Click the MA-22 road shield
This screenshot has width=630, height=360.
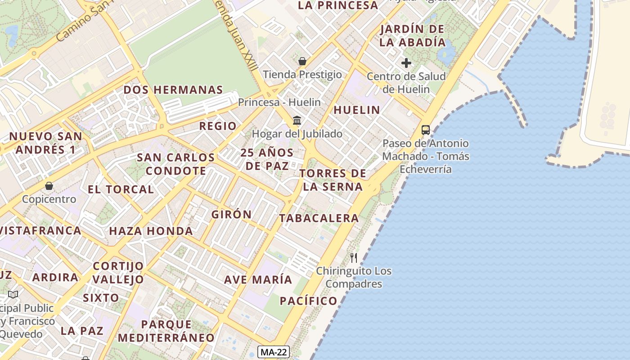pyautogui.click(x=274, y=352)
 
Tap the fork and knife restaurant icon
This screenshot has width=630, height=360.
pyautogui.click(x=354, y=258)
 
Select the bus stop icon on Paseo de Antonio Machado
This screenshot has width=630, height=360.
pyautogui.click(x=425, y=130)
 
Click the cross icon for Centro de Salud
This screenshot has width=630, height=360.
pyautogui.click(x=406, y=63)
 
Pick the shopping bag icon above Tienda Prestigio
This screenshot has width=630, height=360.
pyautogui.click(x=302, y=61)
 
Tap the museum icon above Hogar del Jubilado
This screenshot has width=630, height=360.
pyautogui.click(x=297, y=120)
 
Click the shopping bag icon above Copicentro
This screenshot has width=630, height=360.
pyautogui.click(x=49, y=185)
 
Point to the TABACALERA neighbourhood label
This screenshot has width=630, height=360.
pyautogui.click(x=319, y=218)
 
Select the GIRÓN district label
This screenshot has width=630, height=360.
pyautogui.click(x=231, y=215)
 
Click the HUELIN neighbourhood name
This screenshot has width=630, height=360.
pyautogui.click(x=357, y=110)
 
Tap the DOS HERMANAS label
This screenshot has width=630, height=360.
pyautogui.click(x=173, y=90)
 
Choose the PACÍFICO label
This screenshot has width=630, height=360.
pyautogui.click(x=308, y=301)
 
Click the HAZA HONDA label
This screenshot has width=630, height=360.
pyautogui.click(x=151, y=231)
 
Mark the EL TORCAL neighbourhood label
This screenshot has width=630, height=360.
pyautogui.click(x=121, y=189)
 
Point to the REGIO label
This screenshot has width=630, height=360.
pyautogui.click(x=218, y=126)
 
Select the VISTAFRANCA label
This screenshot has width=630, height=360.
pyautogui.click(x=41, y=230)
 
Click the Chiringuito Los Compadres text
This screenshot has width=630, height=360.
pyautogui.click(x=354, y=278)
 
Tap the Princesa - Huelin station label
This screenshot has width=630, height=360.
pyautogui.click(x=279, y=102)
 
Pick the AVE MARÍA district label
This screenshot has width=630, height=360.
pyautogui.click(x=258, y=279)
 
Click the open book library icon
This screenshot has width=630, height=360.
pyautogui.click(x=13, y=295)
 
